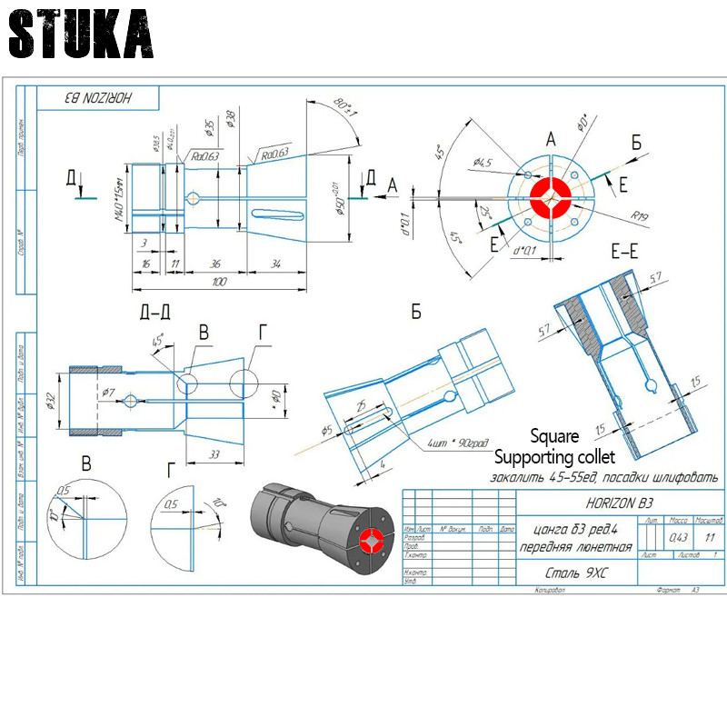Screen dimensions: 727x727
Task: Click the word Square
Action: point(554,436)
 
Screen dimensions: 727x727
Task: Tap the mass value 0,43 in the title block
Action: point(678,537)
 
